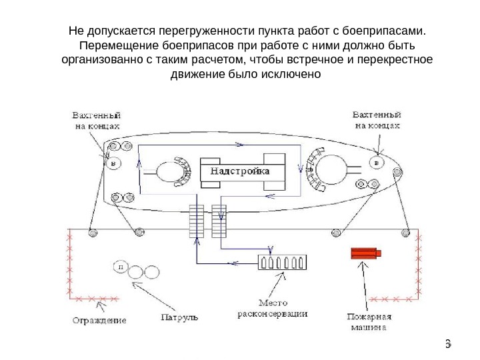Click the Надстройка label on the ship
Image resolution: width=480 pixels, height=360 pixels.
(241, 171)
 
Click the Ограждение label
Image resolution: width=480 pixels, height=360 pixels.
(99, 320)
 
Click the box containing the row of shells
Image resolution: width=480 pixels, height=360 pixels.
(281, 263)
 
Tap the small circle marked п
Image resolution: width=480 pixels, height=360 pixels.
(121, 267)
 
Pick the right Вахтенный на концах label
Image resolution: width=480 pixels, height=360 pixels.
(377, 119)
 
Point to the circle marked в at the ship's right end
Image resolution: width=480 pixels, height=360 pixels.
(378, 163)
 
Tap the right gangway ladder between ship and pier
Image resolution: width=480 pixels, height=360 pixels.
(219, 220)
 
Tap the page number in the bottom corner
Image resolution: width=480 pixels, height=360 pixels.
(448, 343)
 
